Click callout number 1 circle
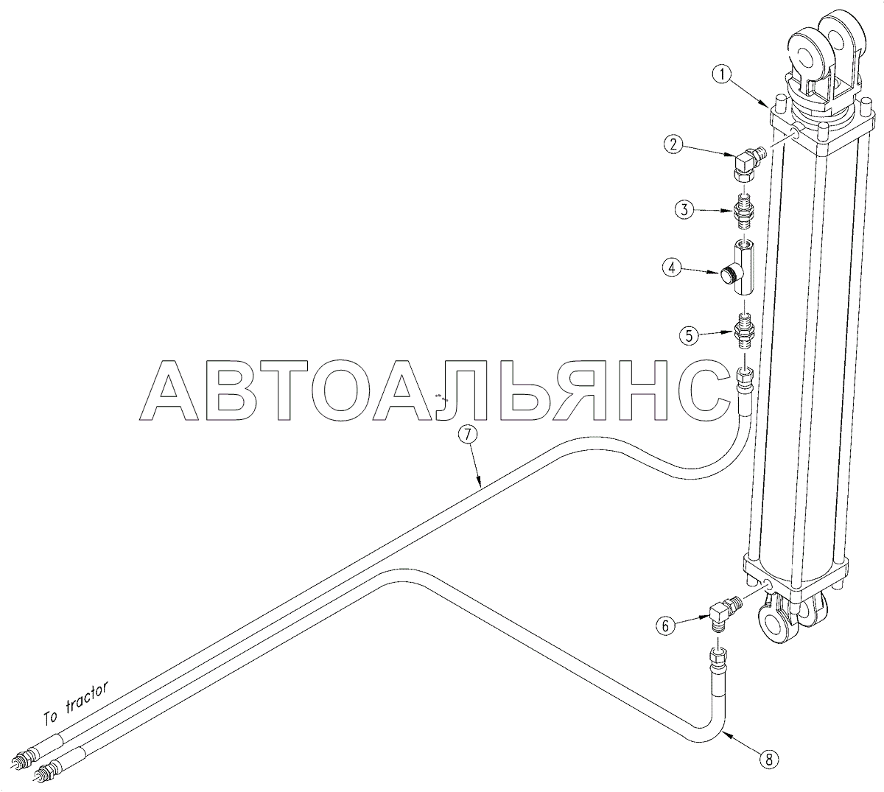pyautogui.click(x=723, y=74)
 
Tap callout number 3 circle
pyautogui.click(x=684, y=210)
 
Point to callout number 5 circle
pyautogui.click(x=689, y=336)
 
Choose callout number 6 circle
pyautogui.click(x=664, y=626)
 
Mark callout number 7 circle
pyautogui.click(x=468, y=435)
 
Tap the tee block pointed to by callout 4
pyautogui.click(x=741, y=270)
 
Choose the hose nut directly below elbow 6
pyautogui.click(x=716, y=654)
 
